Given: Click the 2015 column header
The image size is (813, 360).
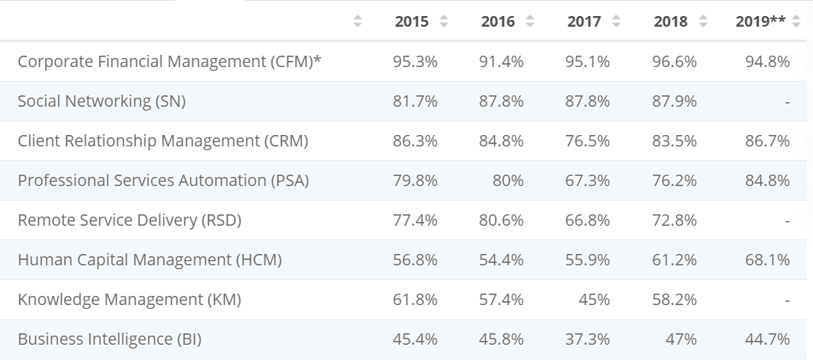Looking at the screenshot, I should tap(411, 22).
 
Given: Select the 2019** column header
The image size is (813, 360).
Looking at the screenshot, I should tap(760, 22).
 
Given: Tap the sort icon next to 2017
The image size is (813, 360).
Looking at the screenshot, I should tap(615, 22).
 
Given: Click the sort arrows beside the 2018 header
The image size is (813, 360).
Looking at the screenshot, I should tap(702, 22).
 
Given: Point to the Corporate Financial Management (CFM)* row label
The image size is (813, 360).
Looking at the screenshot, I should tap(169, 62).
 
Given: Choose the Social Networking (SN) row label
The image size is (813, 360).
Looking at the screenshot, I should tap(101, 101).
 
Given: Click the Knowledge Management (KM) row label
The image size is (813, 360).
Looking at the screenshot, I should tap(129, 300).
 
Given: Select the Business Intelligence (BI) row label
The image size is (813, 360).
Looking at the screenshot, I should tap(109, 339).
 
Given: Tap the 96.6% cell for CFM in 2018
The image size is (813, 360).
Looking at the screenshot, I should tap(674, 62).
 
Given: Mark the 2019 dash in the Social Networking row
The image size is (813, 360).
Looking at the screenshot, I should tap(786, 101).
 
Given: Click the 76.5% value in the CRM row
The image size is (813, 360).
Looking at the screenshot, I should tap(588, 141).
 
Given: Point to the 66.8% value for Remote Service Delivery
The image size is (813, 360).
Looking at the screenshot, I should tap(588, 220).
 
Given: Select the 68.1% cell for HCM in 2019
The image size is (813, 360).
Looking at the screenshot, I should tap(767, 260).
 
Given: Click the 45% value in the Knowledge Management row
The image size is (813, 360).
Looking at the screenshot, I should tap(594, 300).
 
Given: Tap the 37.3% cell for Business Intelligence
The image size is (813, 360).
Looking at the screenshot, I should tap(588, 339).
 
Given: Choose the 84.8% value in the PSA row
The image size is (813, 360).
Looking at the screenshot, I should tap(767, 181).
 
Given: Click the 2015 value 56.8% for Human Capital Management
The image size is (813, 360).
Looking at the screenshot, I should tap(415, 260).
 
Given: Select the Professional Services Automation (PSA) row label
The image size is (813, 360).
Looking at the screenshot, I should tap(163, 181).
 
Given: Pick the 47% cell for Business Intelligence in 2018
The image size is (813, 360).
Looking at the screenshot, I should tap(680, 339).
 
